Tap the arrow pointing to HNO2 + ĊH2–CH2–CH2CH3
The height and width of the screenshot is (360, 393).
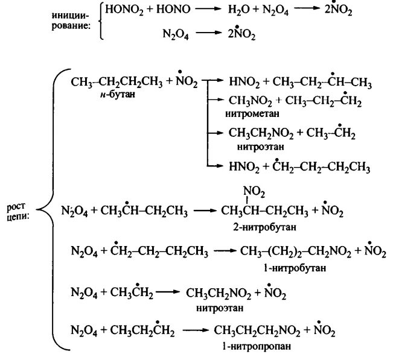214,165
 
